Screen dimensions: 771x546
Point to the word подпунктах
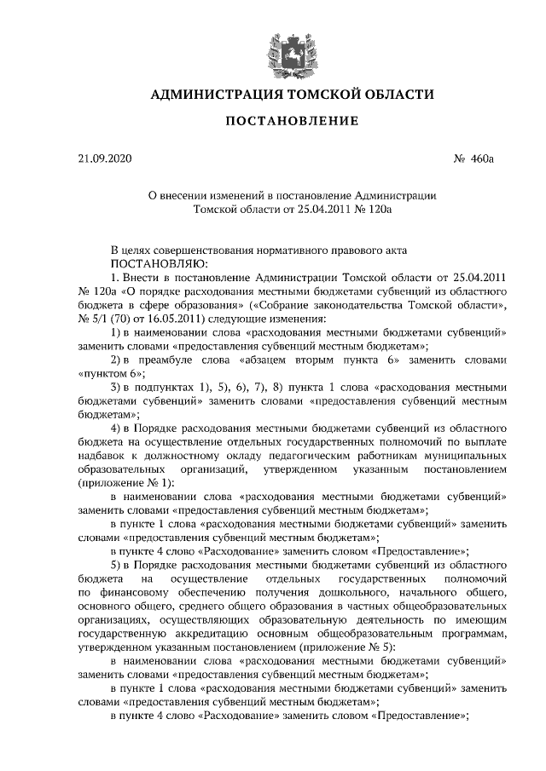click(x=168, y=386)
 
